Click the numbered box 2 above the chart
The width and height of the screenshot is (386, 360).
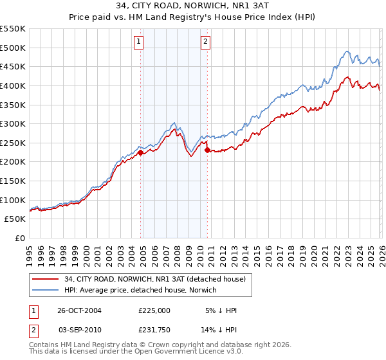[205, 42]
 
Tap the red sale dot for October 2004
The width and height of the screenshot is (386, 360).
[141, 152]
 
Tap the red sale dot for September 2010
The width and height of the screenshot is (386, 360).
[207, 150]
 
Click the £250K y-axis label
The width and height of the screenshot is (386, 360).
[13, 143]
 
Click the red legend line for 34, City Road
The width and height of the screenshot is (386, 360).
[46, 280]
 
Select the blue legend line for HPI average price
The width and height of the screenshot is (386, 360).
[46, 291]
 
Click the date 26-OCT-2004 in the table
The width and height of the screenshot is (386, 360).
[80, 310]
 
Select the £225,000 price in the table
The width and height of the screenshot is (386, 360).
[154, 310]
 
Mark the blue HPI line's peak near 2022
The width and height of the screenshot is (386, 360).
[347, 51]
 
